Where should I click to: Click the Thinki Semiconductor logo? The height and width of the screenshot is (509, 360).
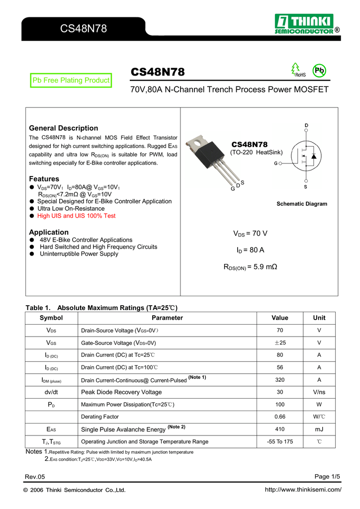tap(306, 24)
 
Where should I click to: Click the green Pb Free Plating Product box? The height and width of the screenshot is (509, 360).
tap(70, 80)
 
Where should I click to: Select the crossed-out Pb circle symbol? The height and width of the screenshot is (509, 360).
tap(319, 71)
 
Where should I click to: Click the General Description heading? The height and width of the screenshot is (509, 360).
tap(64, 128)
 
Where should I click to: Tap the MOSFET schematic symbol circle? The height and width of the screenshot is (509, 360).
tap(306, 156)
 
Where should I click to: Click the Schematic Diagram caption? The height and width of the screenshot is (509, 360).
tap(302, 204)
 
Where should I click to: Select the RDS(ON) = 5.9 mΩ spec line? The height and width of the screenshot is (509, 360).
tap(250, 267)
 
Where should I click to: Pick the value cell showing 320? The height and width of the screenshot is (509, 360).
tap(280, 380)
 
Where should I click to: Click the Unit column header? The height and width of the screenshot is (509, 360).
tap(319, 318)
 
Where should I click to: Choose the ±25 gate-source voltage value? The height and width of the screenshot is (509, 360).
tap(280, 343)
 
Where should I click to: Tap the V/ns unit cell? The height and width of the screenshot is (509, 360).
tap(319, 392)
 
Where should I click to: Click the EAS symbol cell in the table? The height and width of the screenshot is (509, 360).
tap(51, 429)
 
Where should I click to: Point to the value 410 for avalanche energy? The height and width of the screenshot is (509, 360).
tap(280, 429)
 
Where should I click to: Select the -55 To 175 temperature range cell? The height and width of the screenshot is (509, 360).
tap(280, 441)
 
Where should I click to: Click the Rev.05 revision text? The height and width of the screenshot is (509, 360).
tap(35, 477)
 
